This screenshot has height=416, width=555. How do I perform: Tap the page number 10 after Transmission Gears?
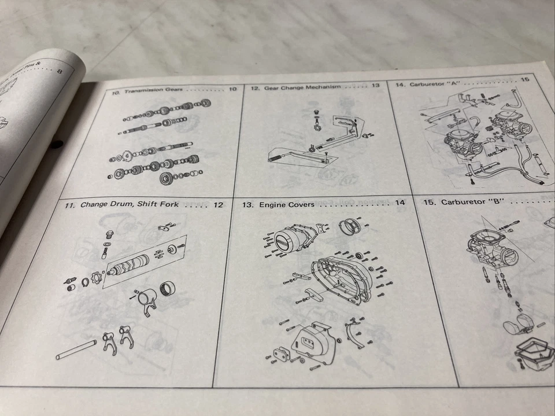pos(232,89)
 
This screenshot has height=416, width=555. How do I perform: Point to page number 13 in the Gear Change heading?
pos(375,86)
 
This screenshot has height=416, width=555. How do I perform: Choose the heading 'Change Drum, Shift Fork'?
pos(129,204)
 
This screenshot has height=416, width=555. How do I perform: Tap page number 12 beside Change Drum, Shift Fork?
pos(218,204)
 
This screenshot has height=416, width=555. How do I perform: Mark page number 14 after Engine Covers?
pos(400,203)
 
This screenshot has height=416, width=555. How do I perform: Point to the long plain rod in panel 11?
pos(76,350)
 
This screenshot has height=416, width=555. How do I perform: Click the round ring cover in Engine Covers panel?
pos(349,226)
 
